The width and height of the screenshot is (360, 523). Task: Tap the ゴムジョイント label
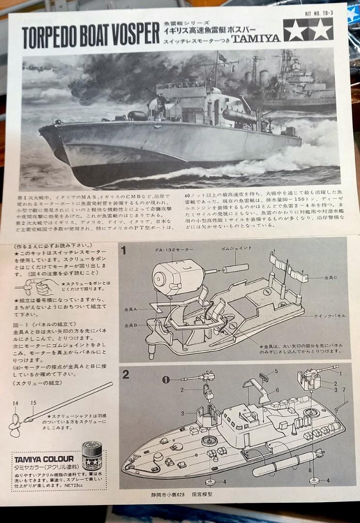tap(237, 248)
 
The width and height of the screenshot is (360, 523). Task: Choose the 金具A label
tap(131, 308)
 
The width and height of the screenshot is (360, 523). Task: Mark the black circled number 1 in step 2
tap(165, 379)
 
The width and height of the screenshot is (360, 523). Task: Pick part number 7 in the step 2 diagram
tap(344, 389)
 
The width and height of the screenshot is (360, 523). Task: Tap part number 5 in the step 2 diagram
tap(276, 371)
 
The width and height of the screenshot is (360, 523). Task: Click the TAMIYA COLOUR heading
tap(44, 459)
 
